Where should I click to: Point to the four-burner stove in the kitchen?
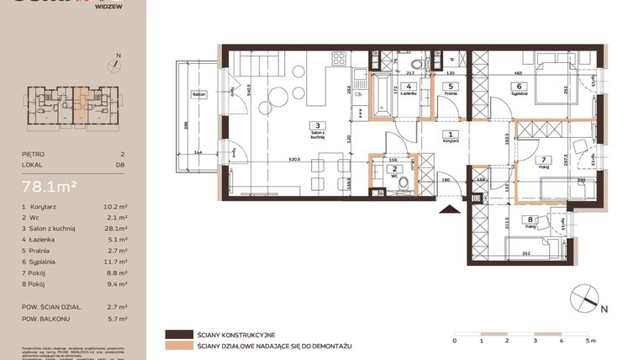[340, 59]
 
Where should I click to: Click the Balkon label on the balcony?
[198, 94]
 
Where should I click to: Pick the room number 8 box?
[530, 220]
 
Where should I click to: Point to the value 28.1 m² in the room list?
[116, 228]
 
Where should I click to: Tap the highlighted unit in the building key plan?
[81, 104]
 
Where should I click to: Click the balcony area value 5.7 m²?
[116, 319]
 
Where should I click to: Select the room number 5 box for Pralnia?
[451, 86]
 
